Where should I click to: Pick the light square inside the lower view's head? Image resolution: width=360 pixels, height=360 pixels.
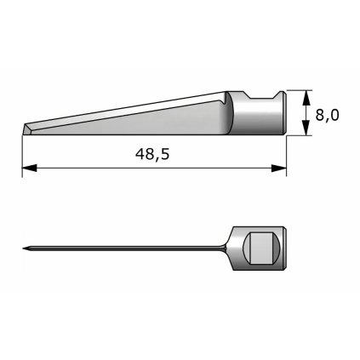260,249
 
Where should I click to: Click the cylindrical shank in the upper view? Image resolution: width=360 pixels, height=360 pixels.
260,115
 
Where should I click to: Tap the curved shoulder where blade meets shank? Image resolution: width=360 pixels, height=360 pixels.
230,115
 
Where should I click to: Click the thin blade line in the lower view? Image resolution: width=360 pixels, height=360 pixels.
128,248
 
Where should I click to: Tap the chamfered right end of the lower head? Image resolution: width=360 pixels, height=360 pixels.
283,249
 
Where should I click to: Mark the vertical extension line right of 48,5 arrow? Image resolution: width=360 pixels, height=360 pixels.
286,157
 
